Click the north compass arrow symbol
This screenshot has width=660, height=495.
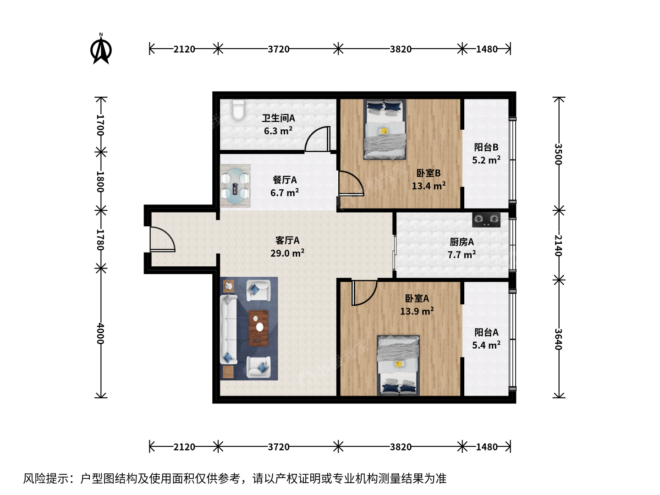[101, 49]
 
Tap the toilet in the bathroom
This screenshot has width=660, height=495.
[238, 110]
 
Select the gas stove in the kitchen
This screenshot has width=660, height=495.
[486, 220]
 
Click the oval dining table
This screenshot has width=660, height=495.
[235, 186]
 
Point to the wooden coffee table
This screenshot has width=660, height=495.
[258, 328]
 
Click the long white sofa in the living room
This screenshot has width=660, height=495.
[229, 330]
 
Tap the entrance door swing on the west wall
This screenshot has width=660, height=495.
[162, 239]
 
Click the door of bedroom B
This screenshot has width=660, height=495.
[351, 183]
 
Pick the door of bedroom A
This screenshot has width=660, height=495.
[364, 293]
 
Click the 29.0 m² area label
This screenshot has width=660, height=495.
[287, 253]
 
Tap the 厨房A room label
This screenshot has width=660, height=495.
[462, 242]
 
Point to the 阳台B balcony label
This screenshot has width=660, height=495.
[486, 147]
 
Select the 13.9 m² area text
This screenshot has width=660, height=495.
[417, 311]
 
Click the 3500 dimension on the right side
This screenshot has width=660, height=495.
[558, 154]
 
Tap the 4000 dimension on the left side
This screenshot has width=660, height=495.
[100, 334]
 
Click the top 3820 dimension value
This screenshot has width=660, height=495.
[401, 49]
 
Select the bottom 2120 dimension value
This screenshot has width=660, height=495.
[184, 447]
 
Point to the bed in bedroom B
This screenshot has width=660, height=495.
[385, 129]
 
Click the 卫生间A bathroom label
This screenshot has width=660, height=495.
[278, 118]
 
